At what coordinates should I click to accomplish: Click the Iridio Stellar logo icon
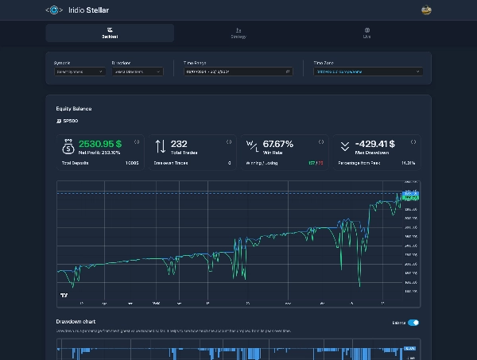[54, 10]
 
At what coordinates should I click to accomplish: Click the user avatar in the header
[426, 10]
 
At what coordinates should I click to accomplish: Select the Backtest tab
[110, 33]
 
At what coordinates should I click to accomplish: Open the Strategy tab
[238, 33]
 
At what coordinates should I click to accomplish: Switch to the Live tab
[366, 33]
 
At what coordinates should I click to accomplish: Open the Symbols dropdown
[79, 72]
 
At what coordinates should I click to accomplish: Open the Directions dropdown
[137, 72]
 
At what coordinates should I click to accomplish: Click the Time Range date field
[237, 72]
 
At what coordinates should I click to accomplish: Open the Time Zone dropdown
[366, 72]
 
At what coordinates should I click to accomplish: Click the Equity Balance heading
[74, 108]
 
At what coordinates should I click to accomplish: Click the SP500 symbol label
[68, 122]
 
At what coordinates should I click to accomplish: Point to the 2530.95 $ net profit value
[99, 144]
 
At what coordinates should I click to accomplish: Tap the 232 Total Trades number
[179, 144]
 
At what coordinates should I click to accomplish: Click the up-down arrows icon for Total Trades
[160, 146]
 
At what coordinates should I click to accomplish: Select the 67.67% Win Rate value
[278, 144]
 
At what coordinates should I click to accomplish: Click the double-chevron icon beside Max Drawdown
[344, 146]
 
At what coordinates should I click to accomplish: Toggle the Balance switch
[413, 323]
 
